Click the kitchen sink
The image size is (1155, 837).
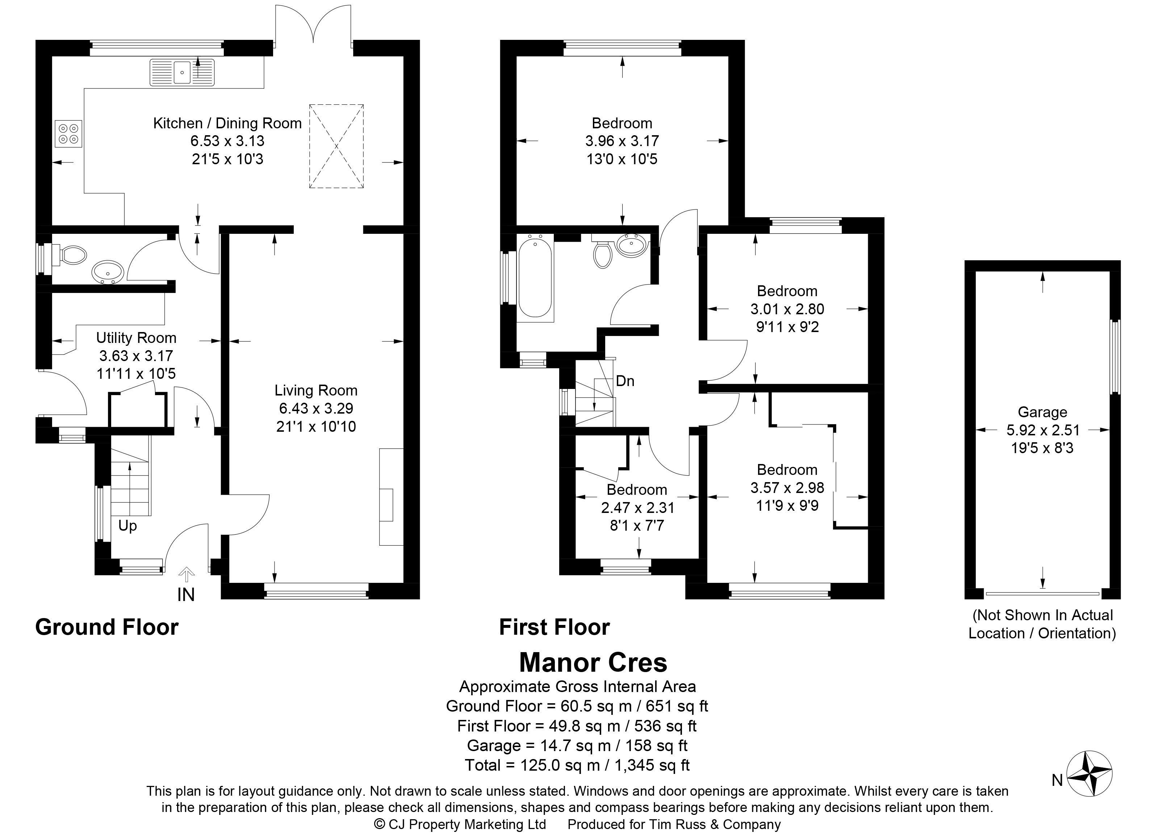[182, 72]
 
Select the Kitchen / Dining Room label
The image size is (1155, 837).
[228, 123]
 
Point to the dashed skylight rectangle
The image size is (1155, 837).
[336, 146]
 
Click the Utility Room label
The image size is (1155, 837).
[136, 338]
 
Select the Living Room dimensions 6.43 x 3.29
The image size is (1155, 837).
[316, 408]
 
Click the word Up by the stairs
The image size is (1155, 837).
[128, 526]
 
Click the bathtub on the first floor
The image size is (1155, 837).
[535, 279]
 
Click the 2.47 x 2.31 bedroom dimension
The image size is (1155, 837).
[637, 508]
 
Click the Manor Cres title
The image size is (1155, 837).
[593, 662]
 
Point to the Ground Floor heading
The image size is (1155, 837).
[107, 627]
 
